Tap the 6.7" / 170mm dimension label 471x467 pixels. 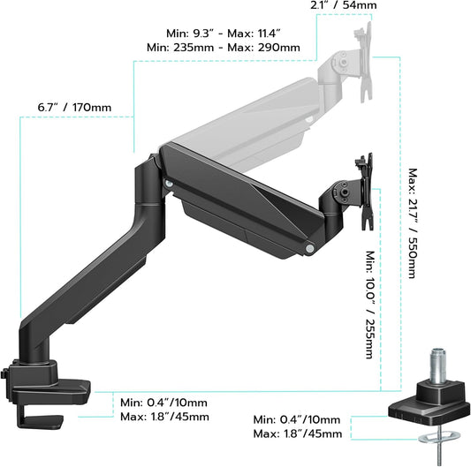tap(74, 108)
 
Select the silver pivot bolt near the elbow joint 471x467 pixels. tap(168, 184)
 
